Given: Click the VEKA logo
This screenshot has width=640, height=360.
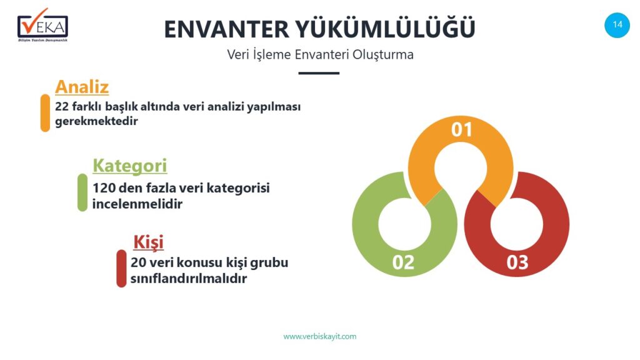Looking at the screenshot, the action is point(43,25).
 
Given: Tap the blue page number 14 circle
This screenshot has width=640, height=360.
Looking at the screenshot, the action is point(617,25).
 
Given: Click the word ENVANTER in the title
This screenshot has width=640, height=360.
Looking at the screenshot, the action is point(226,29).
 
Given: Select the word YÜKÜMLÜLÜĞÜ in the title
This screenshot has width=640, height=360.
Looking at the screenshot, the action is point(385,27).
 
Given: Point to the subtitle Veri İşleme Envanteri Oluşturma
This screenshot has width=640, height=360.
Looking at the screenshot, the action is point(321,55).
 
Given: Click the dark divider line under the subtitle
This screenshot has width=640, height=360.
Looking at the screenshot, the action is point(319,73).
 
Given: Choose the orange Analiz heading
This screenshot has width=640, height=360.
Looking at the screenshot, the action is point(82,86).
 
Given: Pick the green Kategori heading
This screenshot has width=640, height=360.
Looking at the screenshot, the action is point(130,166).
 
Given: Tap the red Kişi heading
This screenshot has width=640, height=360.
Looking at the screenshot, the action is point(149,242).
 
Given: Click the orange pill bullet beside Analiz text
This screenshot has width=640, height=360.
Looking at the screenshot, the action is point(45,113).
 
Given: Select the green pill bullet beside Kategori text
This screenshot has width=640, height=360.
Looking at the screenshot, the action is point(82,192).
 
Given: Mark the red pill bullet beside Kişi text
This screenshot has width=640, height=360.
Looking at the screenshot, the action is point(121,268).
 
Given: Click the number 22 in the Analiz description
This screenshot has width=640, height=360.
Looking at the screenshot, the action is point(62,106).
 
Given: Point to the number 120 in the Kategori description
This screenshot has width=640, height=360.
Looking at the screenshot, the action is point(104,188).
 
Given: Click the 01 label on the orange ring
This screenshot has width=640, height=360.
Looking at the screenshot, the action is point(462,130).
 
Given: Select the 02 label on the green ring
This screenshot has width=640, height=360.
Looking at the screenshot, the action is point(403,262).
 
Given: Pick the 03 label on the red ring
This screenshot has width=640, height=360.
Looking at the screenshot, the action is point(517,262).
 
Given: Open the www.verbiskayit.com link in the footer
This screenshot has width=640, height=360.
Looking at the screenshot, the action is point(320,337).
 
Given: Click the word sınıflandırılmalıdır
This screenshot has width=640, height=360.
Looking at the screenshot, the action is point(189,279).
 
